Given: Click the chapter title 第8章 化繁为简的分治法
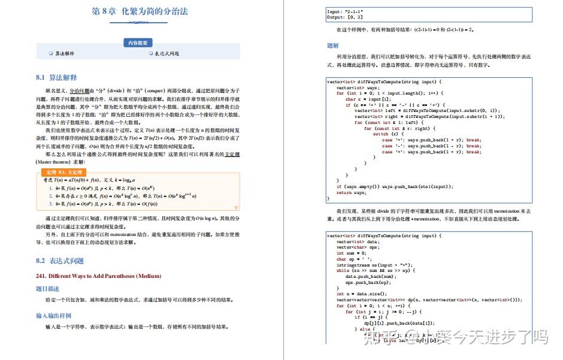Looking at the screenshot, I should point(138,11).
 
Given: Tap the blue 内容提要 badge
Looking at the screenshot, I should point(138,43).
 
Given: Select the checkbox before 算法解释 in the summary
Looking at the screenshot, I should point(52,54).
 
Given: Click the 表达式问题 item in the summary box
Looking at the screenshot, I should point(167,54).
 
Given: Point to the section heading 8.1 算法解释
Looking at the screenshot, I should point(56,77).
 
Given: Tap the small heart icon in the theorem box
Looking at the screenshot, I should point(237,208).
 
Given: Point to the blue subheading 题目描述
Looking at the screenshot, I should point(48,289).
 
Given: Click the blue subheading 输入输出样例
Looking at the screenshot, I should point(54,315).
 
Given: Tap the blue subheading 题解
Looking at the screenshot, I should point(333,45).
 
